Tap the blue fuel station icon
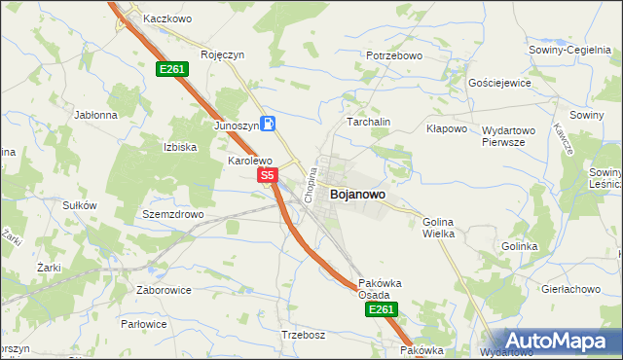pyautogui.click(x=269, y=124)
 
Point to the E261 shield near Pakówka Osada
pyautogui.click(x=380, y=309)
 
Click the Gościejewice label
pyautogui.click(x=499, y=83)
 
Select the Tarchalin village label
pyautogui.click(x=369, y=122)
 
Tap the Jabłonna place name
pyautogui.click(x=95, y=114)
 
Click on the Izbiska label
pyautogui.click(x=180, y=147)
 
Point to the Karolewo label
pyautogui.click(x=249, y=161)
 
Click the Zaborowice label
pyautogui.click(x=163, y=289)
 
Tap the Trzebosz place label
pyautogui.click(x=303, y=334)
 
